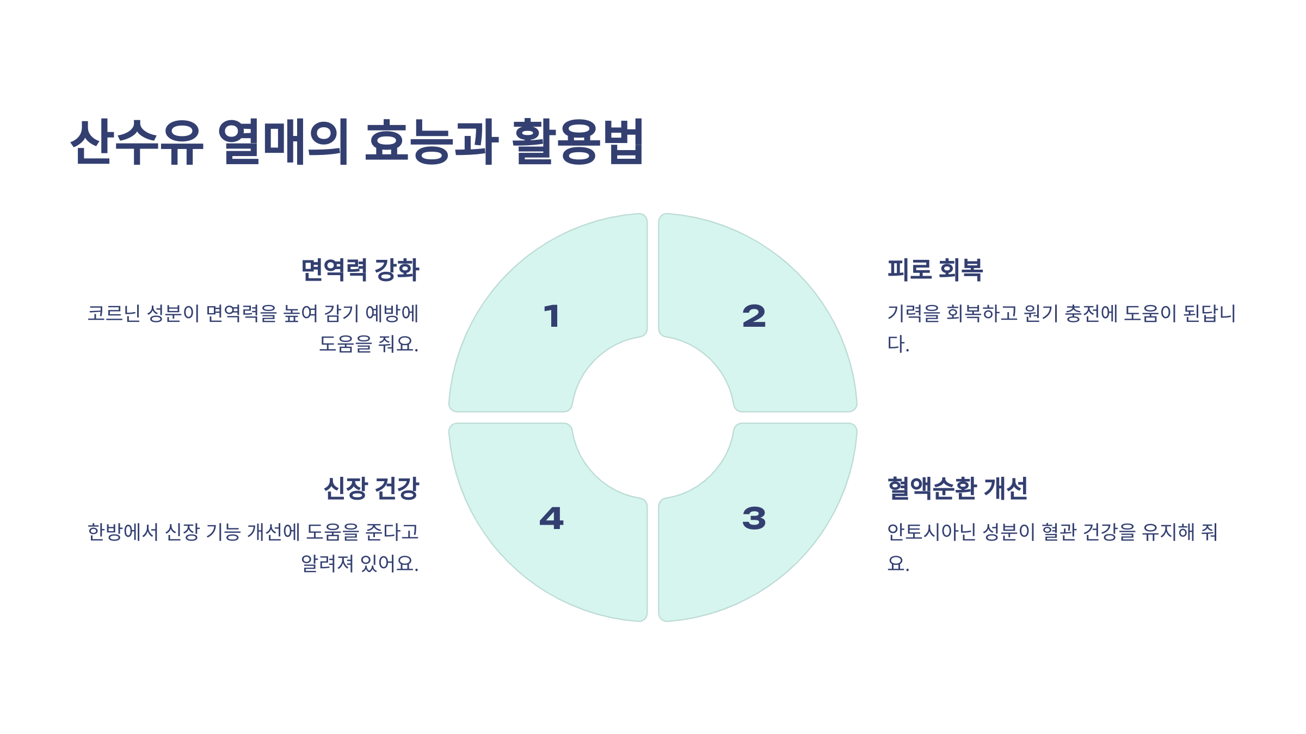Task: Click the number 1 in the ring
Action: (552, 316)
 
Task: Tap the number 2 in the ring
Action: (754, 316)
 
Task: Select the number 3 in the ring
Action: (754, 518)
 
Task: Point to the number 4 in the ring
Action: (551, 518)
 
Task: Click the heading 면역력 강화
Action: (360, 270)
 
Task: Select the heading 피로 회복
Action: (935, 270)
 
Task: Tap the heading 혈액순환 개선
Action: (957, 488)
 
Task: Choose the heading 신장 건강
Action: (371, 488)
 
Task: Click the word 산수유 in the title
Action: (137, 142)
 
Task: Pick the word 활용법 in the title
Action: (578, 142)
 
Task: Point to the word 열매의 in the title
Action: (284, 142)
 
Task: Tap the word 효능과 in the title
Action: (431, 142)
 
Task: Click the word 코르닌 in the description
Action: (114, 314)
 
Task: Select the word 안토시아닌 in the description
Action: (932, 532)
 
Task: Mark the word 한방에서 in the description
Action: (123, 532)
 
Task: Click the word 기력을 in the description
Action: (914, 314)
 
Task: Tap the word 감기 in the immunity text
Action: (341, 314)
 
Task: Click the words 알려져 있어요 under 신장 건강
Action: (359, 563)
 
